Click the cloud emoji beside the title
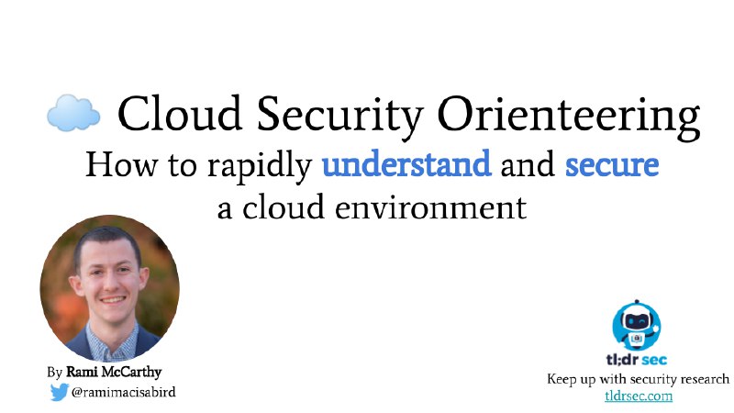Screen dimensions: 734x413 click(73, 112)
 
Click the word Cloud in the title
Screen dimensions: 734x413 click(179, 113)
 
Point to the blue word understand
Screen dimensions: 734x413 click(406, 164)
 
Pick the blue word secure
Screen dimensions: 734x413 click(612, 165)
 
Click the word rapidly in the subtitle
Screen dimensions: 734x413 click(260, 167)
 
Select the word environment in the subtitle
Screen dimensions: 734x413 click(430, 207)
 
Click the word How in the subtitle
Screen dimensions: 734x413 click(122, 164)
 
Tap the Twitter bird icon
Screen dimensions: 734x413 click(60, 392)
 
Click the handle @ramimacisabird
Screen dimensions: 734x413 click(124, 392)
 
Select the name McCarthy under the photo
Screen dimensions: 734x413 click(131, 373)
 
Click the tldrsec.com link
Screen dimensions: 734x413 click(639, 396)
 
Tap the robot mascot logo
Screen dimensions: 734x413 click(636, 325)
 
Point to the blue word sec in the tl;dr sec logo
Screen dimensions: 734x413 click(654, 360)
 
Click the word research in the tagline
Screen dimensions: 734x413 click(703, 378)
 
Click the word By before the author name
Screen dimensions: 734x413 click(54, 373)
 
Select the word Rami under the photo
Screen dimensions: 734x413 click(82, 372)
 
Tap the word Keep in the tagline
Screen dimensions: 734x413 click(562, 379)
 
